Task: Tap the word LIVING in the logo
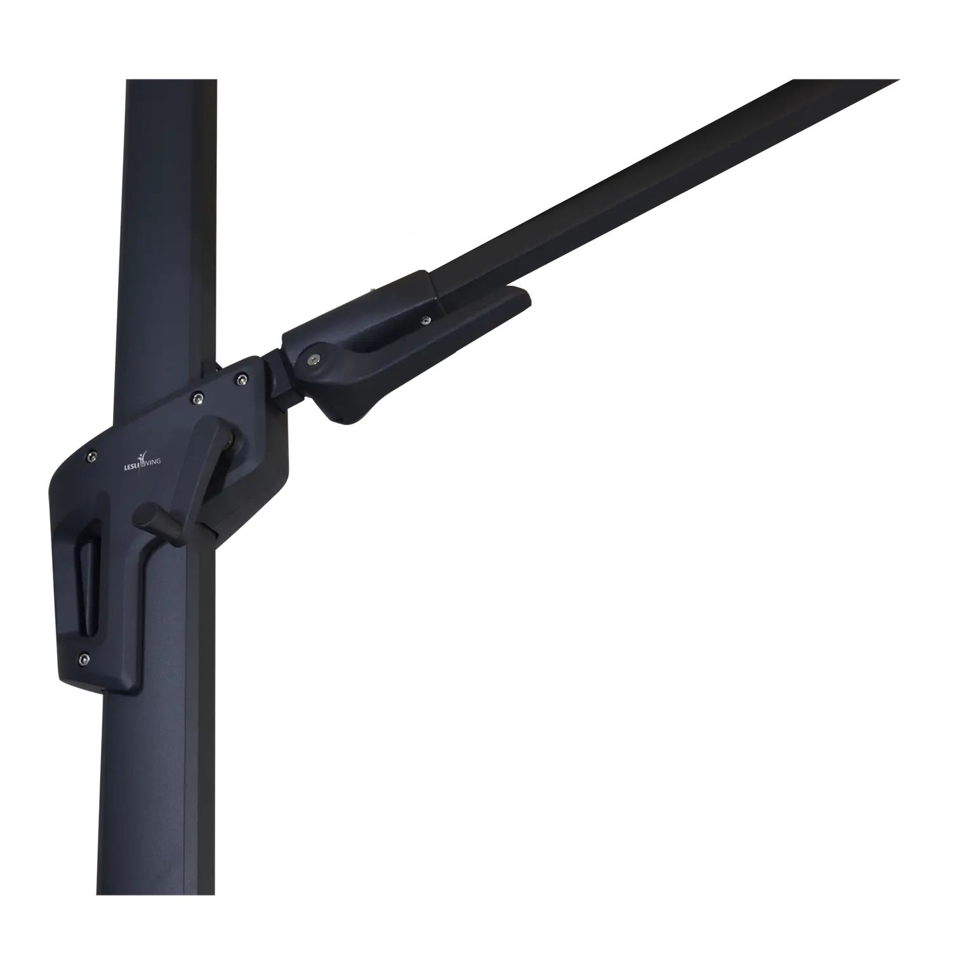151,462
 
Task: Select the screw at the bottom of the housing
84,660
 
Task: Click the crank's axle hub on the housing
231,444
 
